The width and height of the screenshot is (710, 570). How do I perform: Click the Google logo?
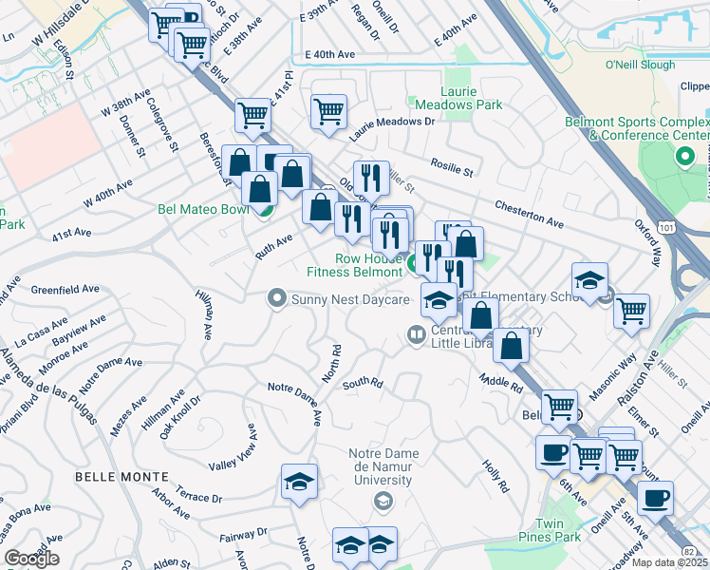(x=31, y=559)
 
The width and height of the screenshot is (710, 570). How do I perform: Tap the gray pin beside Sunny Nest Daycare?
(x=277, y=299)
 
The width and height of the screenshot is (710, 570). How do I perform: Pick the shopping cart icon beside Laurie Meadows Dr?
(x=328, y=110)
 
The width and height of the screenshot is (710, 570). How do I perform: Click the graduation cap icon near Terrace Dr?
(x=299, y=482)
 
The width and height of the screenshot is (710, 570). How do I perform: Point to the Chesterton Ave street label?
(x=530, y=215)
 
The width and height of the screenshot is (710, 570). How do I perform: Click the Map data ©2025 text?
(x=669, y=562)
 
